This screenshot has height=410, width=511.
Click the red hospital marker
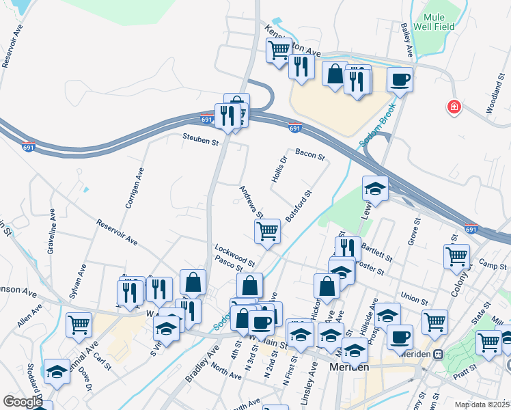tap(452, 107)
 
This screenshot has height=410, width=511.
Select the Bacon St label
tap(309, 155)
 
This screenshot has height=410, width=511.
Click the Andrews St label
tap(251, 202)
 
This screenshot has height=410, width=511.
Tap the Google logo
tap(23, 402)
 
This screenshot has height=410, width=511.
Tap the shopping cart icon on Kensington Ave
tap(279, 50)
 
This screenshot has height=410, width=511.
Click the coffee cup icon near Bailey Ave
tap(400, 79)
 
